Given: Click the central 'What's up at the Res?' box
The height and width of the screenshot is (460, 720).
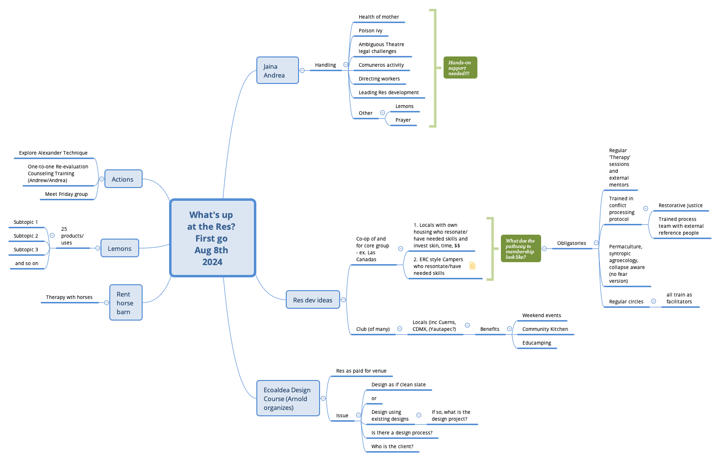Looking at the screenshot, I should (x=212, y=238).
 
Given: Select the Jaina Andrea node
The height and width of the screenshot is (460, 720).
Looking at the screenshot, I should (x=277, y=70).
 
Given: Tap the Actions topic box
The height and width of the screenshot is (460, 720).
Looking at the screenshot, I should (x=123, y=179).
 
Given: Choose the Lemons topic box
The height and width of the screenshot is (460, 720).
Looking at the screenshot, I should (x=120, y=248).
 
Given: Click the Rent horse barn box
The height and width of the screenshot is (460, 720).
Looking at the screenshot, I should (x=125, y=303).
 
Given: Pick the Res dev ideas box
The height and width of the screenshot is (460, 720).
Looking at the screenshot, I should (x=313, y=300).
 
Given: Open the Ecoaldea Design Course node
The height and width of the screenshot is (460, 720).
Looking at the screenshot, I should (x=288, y=399).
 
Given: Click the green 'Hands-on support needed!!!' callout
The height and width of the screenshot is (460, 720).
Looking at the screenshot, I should (x=460, y=68).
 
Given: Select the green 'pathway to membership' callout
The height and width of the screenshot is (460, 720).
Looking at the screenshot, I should (x=521, y=248).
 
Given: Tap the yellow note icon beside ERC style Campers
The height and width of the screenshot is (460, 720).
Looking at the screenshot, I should (x=472, y=266).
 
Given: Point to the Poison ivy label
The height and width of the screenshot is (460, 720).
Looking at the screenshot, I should (x=371, y=31).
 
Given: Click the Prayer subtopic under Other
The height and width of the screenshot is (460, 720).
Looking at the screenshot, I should (x=403, y=120).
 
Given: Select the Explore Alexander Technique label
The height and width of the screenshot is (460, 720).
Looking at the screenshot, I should (x=53, y=153).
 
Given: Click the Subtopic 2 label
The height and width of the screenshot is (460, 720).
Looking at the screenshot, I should (x=26, y=236).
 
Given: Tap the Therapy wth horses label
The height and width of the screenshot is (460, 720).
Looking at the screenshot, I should (x=69, y=298).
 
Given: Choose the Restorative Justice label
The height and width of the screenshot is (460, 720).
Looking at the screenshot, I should (x=680, y=206).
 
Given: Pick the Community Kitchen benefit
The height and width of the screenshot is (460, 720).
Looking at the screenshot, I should (x=545, y=329).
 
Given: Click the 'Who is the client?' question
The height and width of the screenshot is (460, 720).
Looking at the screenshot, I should (x=392, y=447).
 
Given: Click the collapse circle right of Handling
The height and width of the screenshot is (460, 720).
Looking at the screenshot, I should (x=346, y=65).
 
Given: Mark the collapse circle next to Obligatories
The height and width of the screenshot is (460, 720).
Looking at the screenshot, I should (x=596, y=243).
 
